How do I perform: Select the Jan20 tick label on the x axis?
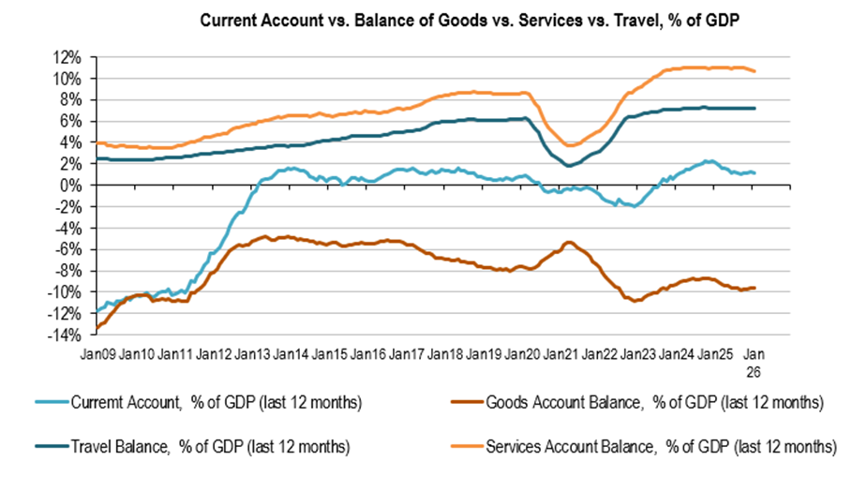coord(522,354)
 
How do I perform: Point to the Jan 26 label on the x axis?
coord(754,362)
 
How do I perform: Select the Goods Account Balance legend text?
coord(656,403)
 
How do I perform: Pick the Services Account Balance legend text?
coord(661,447)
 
